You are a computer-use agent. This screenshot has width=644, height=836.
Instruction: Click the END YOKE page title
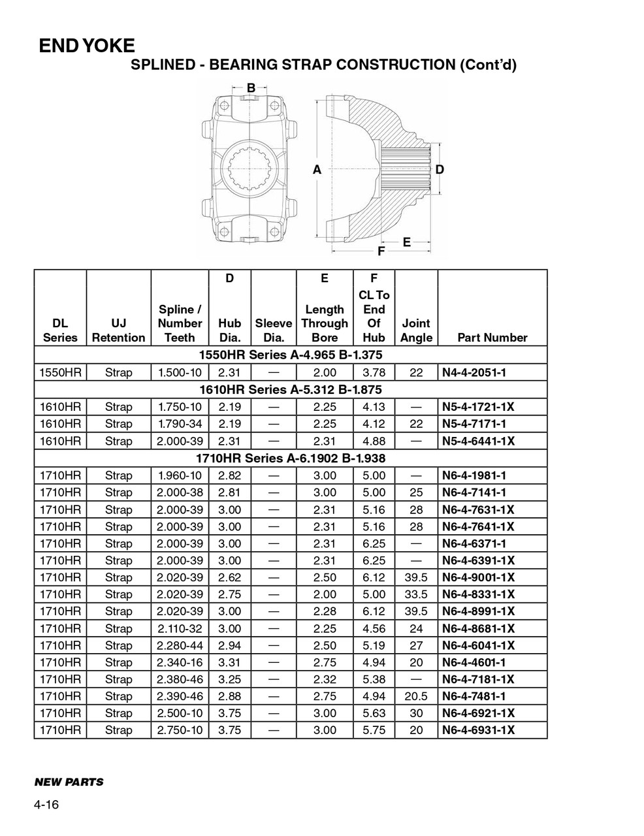tap(87, 46)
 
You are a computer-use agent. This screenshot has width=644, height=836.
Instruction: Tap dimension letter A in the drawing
tap(317, 170)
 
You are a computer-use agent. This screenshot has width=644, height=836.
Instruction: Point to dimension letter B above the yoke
tap(251, 88)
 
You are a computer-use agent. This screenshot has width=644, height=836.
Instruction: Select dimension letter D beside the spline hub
tap(440, 170)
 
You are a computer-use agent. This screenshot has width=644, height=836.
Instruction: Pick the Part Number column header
tap(492, 338)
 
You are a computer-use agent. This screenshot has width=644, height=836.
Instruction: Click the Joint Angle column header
tap(416, 330)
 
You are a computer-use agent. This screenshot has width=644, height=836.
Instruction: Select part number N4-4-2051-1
tap(474, 373)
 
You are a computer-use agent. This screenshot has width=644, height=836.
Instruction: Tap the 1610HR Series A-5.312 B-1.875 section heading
tap(290, 390)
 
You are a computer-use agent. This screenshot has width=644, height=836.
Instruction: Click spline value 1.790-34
tap(180, 424)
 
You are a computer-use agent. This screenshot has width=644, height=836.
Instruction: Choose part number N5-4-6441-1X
tap(478, 441)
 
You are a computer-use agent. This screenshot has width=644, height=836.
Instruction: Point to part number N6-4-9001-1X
tap(478, 577)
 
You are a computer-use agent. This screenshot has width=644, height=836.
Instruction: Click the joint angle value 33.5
tap(416, 594)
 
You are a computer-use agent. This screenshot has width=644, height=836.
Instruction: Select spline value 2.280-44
tap(180, 645)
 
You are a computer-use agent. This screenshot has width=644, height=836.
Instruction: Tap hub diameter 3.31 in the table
tap(230, 662)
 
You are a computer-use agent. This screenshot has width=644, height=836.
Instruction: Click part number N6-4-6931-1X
tap(478, 730)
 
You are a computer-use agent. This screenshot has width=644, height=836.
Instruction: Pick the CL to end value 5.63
tap(374, 713)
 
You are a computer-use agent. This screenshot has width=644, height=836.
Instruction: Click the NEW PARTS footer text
tap(69, 782)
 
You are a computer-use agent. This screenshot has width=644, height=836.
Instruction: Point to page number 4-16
tap(46, 805)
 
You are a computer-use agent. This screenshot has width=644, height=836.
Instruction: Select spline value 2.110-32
tap(180, 628)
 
